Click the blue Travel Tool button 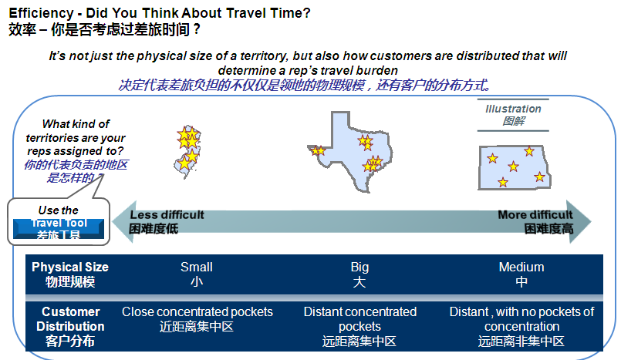(x=59, y=229)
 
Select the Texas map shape (x=350, y=153)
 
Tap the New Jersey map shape (x=187, y=152)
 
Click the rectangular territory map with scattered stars (x=515, y=167)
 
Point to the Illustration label (x=513, y=115)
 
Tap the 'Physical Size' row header (x=70, y=274)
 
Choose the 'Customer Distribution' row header (x=70, y=326)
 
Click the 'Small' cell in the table (x=197, y=274)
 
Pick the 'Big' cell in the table (x=359, y=274)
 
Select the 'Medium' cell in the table (x=521, y=274)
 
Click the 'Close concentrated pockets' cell (x=197, y=319)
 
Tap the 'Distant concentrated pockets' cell (x=360, y=326)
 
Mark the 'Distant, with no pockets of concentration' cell (x=521, y=326)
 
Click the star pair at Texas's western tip (x=318, y=150)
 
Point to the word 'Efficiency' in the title (x=41, y=13)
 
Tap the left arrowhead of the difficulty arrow (x=124, y=221)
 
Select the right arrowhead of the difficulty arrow (x=579, y=221)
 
